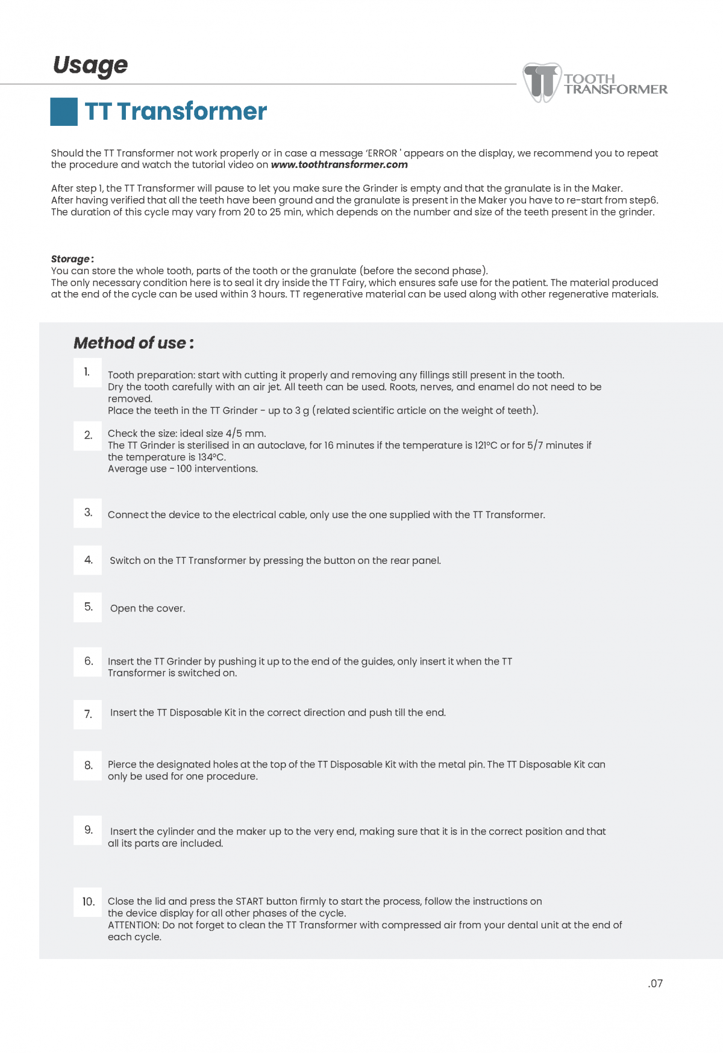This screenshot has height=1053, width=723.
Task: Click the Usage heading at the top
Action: (90, 65)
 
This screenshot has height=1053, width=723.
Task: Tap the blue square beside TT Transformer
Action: (63, 111)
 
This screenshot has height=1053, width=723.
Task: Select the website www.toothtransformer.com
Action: (339, 164)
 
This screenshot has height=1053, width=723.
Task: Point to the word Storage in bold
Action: (70, 259)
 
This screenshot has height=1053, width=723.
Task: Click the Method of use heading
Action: (133, 343)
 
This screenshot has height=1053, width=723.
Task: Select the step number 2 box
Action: (87, 435)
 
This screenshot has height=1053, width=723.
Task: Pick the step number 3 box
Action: (87, 513)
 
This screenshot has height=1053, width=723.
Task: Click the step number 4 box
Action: (87, 560)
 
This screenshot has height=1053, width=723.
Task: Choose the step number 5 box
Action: (87, 607)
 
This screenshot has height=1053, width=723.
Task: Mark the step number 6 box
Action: (87, 661)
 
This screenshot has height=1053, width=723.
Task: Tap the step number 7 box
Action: (87, 714)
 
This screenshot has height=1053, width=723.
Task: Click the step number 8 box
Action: (87, 765)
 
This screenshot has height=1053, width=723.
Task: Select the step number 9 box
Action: (87, 830)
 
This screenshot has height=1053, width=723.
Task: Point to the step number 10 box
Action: (88, 902)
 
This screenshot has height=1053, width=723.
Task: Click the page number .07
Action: (656, 984)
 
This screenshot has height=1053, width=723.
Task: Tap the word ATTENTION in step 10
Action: (133, 925)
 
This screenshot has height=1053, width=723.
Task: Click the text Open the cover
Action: (148, 608)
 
